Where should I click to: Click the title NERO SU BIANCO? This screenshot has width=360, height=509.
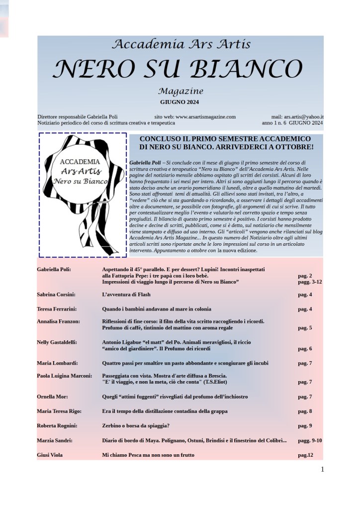coord(178,69)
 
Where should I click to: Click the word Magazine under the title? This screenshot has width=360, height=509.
coord(180,92)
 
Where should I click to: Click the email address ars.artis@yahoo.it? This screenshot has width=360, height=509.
coord(304,116)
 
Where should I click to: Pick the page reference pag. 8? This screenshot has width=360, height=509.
coord(305,411)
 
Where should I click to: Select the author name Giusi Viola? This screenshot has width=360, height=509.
coord(50,455)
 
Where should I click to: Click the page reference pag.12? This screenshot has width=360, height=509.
coord(305,455)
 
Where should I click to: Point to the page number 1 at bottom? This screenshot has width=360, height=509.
coord(322,469)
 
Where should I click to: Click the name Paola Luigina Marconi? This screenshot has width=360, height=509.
coord(64,376)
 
